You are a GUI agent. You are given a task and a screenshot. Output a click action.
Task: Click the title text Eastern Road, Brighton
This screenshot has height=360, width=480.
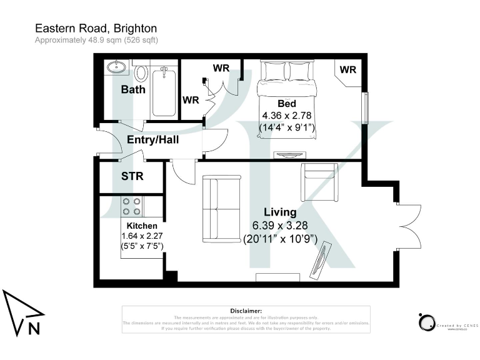(96, 28)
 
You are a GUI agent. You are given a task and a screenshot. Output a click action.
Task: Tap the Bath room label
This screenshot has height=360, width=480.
(133, 89)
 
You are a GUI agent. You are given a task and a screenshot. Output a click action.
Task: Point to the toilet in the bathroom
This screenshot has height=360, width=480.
(141, 73)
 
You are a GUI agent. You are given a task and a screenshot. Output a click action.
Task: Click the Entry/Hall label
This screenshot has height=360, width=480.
(153, 140)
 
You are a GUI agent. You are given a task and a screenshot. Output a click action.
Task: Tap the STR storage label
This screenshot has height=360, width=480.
(132, 176)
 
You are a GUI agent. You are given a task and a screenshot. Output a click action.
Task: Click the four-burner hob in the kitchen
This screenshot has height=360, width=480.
(131, 206)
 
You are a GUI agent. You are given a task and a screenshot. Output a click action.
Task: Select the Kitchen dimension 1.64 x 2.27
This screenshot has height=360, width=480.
(142, 236)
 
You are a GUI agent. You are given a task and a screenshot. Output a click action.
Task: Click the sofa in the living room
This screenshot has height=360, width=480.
(222, 209)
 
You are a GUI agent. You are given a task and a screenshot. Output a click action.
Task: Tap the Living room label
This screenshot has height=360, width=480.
(280, 212)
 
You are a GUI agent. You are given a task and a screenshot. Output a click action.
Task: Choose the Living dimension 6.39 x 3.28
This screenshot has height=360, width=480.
(280, 226)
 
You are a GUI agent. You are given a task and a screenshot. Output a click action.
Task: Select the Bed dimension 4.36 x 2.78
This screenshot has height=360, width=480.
(286, 116)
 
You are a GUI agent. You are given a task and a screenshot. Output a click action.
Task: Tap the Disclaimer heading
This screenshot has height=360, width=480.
(245, 311)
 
